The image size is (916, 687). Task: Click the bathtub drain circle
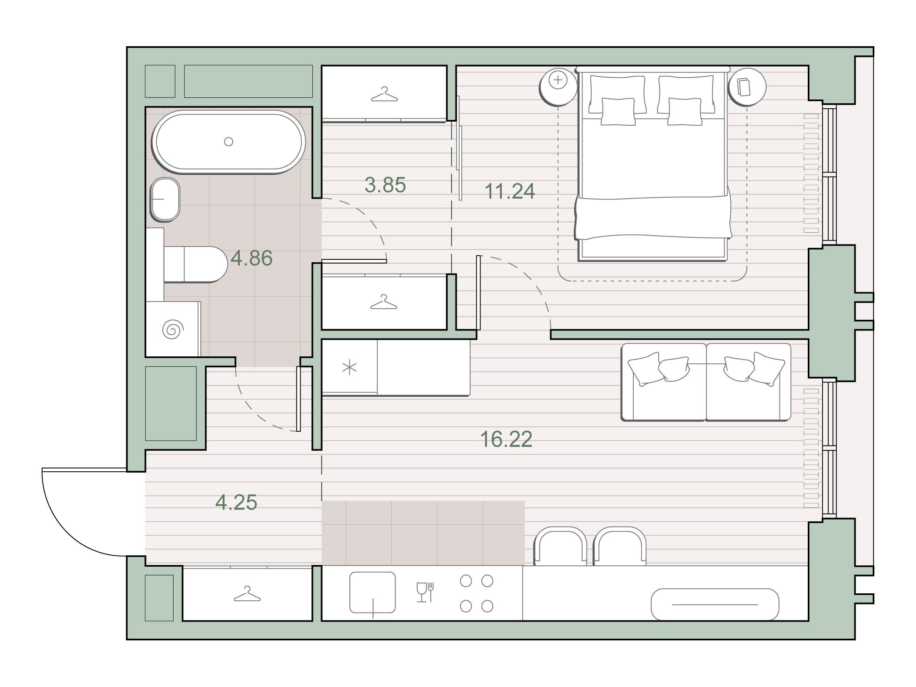point(228,142)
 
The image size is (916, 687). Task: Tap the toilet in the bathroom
point(195,264)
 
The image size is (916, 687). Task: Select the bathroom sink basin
point(165,199)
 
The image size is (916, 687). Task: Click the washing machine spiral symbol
point(172,330)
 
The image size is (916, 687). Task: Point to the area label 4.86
point(251,258)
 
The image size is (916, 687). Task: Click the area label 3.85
point(385,185)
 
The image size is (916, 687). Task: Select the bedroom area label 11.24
point(510,191)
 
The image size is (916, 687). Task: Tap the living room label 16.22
point(506,439)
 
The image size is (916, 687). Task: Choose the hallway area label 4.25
point(236,502)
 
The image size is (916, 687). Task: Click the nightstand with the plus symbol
point(558,87)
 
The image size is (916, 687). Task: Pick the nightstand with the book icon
point(747,87)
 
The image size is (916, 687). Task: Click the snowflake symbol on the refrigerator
point(349,368)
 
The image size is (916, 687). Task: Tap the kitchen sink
point(372,592)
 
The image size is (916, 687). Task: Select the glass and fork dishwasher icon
point(426,592)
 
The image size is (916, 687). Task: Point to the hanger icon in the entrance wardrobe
point(247,594)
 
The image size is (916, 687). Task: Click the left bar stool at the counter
point(560,546)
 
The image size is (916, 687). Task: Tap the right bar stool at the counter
point(620,546)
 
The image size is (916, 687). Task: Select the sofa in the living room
point(706,382)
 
